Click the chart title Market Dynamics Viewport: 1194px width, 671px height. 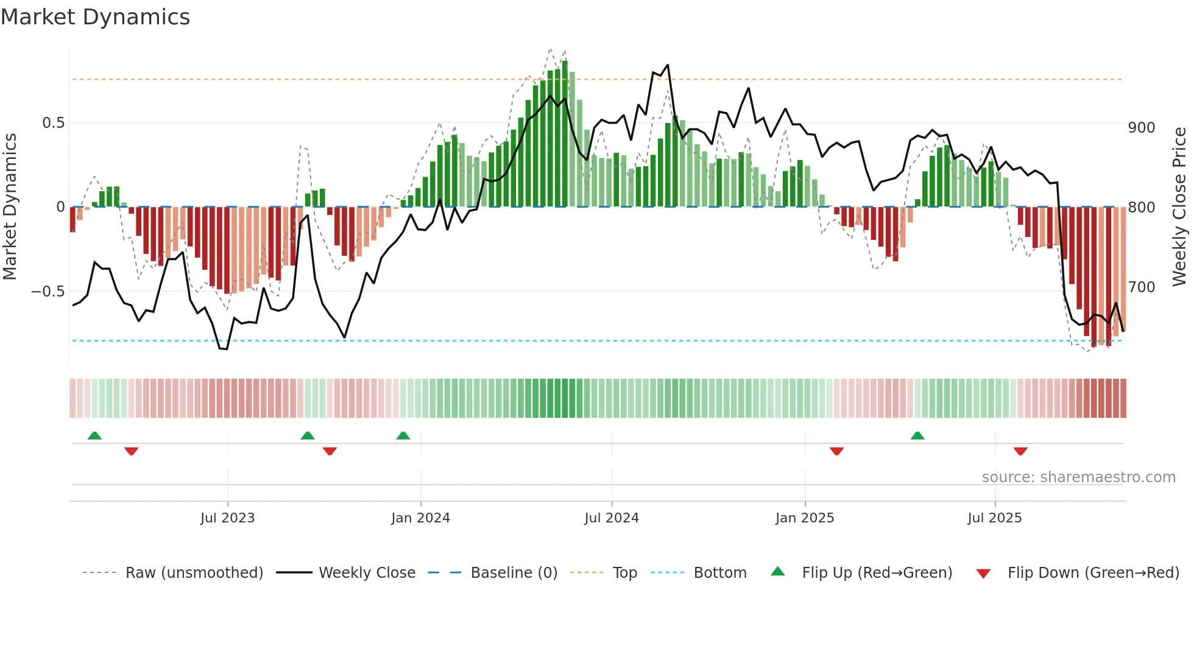(x=96, y=17)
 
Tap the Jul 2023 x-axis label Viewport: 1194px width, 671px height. (x=227, y=518)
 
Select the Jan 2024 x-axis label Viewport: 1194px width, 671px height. (x=420, y=518)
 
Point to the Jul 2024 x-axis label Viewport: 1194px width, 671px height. (x=612, y=518)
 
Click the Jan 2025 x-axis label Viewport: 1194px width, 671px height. (x=805, y=518)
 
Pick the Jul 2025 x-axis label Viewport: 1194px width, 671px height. (x=994, y=518)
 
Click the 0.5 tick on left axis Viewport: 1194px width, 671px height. (x=53, y=123)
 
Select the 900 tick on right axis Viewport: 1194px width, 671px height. (x=1142, y=128)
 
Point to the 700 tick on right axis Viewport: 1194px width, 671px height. (x=1142, y=287)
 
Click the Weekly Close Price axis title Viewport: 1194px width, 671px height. (x=1179, y=207)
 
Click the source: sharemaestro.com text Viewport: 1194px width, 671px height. (x=1078, y=477)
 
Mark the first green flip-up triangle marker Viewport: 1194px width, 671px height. (x=94, y=435)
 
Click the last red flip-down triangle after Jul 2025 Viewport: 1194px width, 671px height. (x=1020, y=451)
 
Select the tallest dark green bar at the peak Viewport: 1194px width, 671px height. (x=565, y=134)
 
